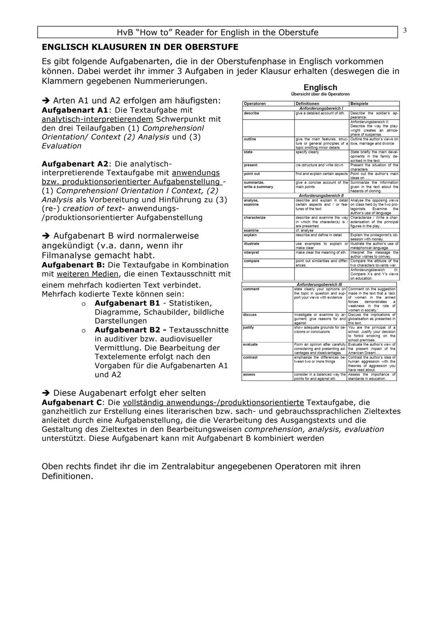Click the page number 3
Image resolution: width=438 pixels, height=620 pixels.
[x=405, y=31]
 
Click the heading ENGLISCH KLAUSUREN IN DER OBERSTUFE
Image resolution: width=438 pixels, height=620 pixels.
[x=140, y=47]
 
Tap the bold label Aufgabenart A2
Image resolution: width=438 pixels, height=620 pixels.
[x=75, y=164]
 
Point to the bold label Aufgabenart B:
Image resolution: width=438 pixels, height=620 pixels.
[x=73, y=265]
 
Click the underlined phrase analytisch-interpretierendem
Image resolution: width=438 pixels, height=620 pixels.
[x=97, y=119]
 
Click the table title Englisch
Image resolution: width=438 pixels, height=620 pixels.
[x=320, y=88]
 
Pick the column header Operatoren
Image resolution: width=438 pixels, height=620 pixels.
[x=254, y=104]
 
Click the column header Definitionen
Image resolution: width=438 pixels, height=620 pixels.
[x=307, y=104]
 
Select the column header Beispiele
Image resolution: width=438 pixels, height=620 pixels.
[x=359, y=104]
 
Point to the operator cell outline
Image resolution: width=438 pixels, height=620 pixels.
[x=250, y=139]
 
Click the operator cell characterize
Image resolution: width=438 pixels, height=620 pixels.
[x=255, y=218]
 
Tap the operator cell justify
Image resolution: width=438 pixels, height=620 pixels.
[x=248, y=327]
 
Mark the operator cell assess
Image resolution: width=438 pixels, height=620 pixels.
[x=249, y=375]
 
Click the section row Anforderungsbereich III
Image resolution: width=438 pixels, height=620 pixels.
[x=319, y=284]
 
